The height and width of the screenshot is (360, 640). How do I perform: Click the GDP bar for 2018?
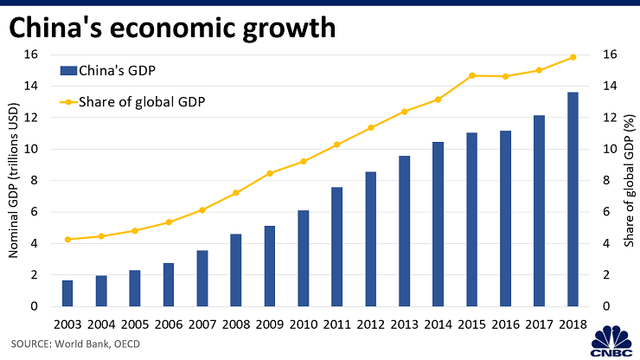(573, 199)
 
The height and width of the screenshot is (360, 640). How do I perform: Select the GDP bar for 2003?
(67, 292)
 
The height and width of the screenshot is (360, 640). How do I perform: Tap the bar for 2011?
(336, 247)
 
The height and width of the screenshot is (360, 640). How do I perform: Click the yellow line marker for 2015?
(471, 75)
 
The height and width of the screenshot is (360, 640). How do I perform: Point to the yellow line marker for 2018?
(573, 57)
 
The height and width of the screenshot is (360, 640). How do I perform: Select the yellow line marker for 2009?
(269, 173)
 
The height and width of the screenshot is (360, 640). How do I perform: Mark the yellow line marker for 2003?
(67, 239)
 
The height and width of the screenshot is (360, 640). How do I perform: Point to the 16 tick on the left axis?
(31, 54)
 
